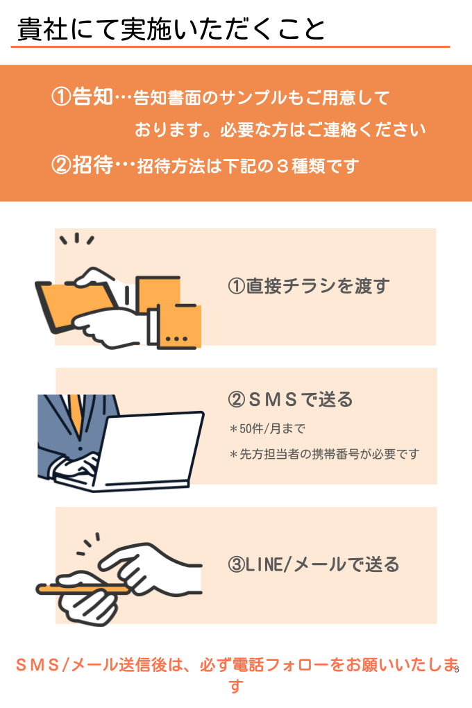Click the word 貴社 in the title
click(42, 29)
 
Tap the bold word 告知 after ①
click(92, 96)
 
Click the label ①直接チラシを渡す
click(308, 286)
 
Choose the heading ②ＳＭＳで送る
click(290, 399)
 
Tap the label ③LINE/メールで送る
click(314, 564)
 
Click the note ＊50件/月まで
click(267, 428)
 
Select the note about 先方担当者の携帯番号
click(324, 454)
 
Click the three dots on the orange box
click(176, 338)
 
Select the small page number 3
click(457, 669)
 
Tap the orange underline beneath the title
click(230, 47)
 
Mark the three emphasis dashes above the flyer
click(77, 238)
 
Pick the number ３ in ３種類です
click(283, 166)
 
